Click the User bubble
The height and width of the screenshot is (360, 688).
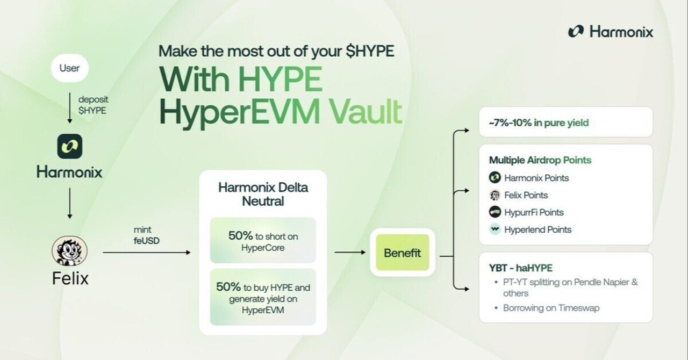[x=69, y=69]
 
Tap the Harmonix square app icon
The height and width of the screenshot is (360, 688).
[x=69, y=146]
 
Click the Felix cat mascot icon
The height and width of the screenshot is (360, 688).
[x=69, y=251]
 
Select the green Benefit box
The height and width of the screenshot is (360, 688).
[x=402, y=253]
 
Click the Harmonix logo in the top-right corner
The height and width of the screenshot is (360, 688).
[x=611, y=32]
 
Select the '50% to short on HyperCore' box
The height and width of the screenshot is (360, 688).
[x=263, y=241]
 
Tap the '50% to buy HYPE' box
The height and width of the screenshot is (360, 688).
[x=263, y=297]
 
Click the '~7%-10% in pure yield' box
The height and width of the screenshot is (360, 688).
[x=565, y=123]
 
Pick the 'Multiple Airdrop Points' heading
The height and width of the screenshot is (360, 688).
[x=540, y=160]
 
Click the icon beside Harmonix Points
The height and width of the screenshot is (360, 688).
[x=495, y=178]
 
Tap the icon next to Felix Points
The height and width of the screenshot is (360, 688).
[x=495, y=195]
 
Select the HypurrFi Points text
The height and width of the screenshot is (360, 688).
[x=534, y=212]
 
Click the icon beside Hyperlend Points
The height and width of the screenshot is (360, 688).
[x=495, y=229]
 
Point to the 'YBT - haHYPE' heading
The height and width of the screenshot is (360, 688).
[x=520, y=268]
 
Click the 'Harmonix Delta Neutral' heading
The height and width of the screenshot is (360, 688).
[x=263, y=195]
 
